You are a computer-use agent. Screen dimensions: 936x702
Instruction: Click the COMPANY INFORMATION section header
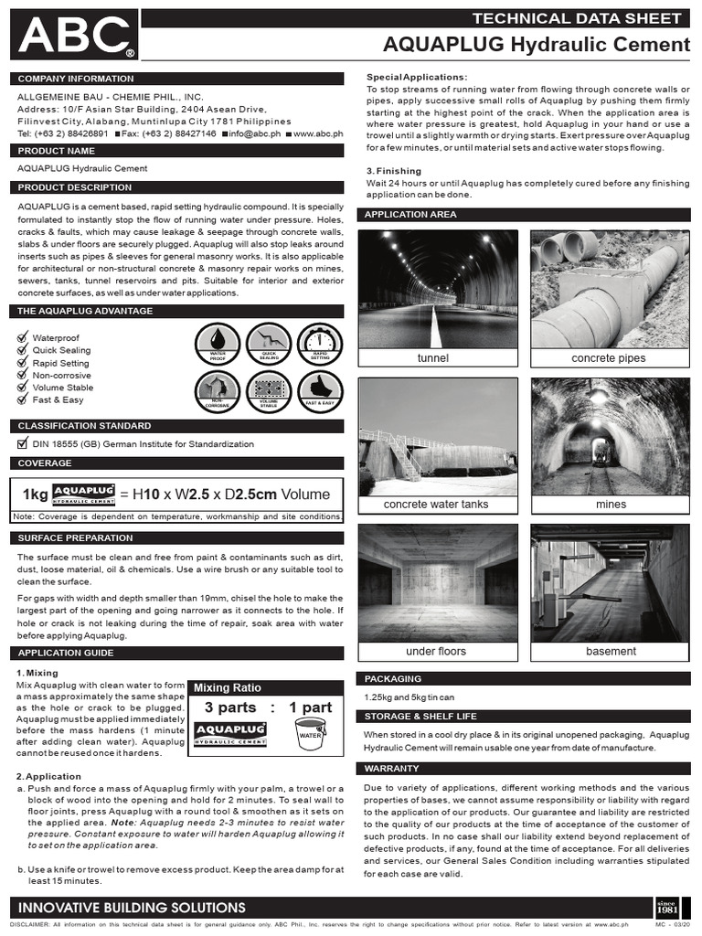tap(69, 80)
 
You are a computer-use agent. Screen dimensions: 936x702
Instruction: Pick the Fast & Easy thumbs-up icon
tap(320, 391)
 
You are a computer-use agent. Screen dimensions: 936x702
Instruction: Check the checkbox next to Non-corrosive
tap(24, 375)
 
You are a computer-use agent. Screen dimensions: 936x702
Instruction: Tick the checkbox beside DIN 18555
tap(24, 444)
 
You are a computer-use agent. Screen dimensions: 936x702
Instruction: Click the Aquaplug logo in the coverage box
tap(83, 495)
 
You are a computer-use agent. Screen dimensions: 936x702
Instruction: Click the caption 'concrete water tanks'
tap(437, 505)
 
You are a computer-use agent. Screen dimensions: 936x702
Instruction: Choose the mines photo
tap(610, 436)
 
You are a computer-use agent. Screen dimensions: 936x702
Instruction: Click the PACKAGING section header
tap(394, 679)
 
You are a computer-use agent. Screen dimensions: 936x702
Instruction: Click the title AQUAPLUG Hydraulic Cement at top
tap(536, 45)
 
